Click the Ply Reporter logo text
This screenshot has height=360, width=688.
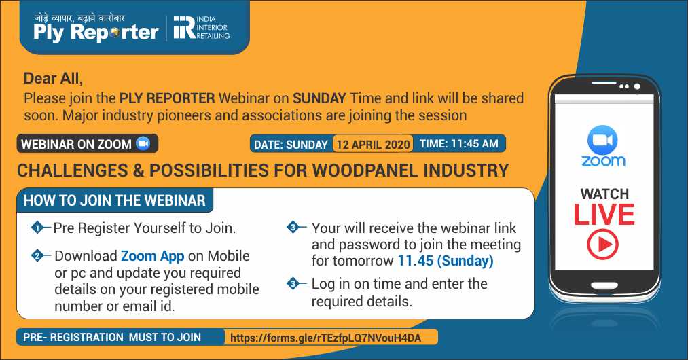(x=96, y=33)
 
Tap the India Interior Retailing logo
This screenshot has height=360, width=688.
(x=202, y=28)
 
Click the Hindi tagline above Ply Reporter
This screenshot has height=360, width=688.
(x=79, y=18)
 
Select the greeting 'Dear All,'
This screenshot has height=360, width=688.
(x=53, y=78)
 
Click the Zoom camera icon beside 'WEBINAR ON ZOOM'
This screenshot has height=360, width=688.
(x=143, y=143)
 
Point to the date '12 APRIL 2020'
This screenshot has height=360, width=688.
(x=373, y=144)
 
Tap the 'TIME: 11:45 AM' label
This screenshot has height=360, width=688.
(x=459, y=143)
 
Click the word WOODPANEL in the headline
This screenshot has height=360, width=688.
(x=364, y=170)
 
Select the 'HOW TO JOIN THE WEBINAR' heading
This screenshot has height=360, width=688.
(x=115, y=200)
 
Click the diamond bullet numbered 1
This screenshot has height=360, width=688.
(x=38, y=228)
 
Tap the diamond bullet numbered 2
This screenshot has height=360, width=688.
(x=38, y=255)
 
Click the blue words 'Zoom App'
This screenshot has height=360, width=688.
(x=152, y=256)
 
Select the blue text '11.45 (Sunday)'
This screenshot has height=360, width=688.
(x=446, y=261)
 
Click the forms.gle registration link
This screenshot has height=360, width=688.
(x=325, y=338)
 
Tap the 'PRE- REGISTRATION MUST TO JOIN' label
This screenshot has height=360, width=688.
(x=112, y=337)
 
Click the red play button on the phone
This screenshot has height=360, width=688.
(x=603, y=244)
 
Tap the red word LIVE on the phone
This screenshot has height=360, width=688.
(x=604, y=215)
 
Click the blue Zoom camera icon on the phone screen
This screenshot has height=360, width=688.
(x=602, y=140)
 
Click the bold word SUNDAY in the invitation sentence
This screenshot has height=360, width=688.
(x=319, y=98)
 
